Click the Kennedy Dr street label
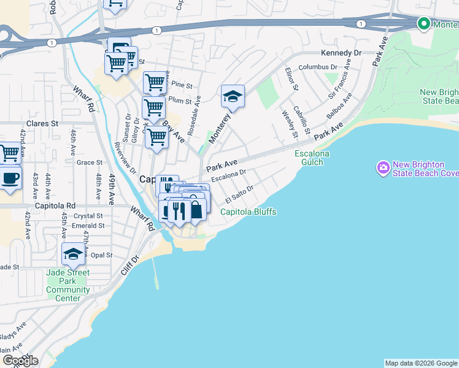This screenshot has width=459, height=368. pyautogui.click(x=341, y=53)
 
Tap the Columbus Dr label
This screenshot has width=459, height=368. pyautogui.click(x=318, y=67)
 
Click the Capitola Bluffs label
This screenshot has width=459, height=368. pyautogui.click(x=249, y=212)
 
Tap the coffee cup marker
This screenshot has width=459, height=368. pyautogui.click(x=10, y=179)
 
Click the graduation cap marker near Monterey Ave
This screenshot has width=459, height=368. pyautogui.click(x=233, y=97)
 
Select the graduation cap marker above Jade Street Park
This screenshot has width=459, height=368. pyautogui.click(x=73, y=255)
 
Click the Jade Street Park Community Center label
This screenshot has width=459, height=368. pyautogui.click(x=67, y=285)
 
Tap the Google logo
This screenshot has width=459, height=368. pyautogui.click(x=20, y=361)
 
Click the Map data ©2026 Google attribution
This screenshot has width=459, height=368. pyautogui.click(x=421, y=363)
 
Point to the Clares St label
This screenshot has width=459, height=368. pyautogui.click(x=42, y=123)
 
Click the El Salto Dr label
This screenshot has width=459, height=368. pyautogui.click(x=239, y=195)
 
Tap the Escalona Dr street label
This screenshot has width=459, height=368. pyautogui.click(x=228, y=176)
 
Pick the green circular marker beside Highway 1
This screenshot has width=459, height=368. pyautogui.click(x=423, y=24)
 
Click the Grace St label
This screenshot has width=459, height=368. pyautogui.click(x=90, y=163)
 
